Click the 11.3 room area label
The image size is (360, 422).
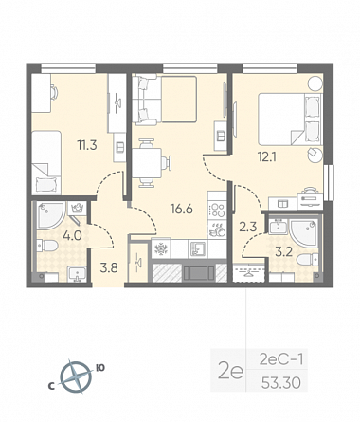click(x=87, y=145)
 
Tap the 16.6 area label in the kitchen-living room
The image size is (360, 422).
click(x=182, y=209)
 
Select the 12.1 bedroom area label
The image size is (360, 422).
click(x=267, y=156)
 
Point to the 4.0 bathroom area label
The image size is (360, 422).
click(x=72, y=235)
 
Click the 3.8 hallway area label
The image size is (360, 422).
click(x=109, y=268)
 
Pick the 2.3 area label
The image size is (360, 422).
click(x=248, y=227)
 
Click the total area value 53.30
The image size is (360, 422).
click(x=280, y=383)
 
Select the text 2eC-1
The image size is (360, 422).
click(x=281, y=359)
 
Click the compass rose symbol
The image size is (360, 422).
click(x=76, y=377)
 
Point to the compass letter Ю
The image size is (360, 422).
click(x=100, y=368)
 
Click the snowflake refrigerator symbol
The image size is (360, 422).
click(x=161, y=248)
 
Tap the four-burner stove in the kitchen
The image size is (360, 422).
click(x=217, y=210)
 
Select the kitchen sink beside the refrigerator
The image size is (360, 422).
click(x=198, y=248)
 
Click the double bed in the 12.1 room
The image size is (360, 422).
click(x=290, y=119)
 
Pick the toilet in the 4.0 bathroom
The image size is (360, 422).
click(x=46, y=246)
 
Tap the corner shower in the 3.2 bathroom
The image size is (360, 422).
click(x=303, y=233)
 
